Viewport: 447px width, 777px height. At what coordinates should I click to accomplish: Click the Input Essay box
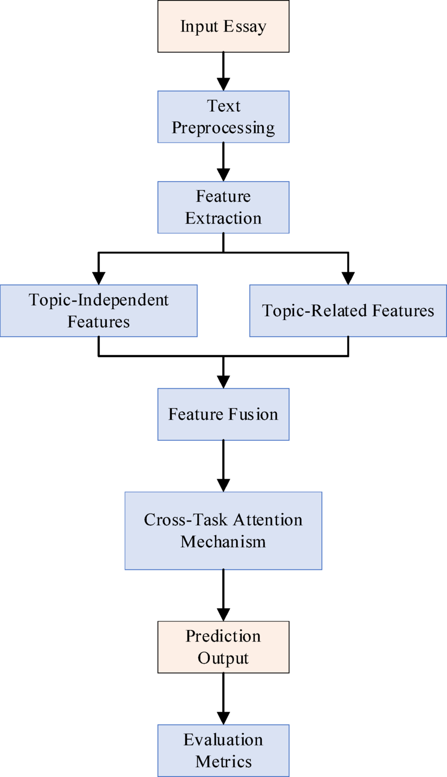pyautogui.click(x=223, y=26)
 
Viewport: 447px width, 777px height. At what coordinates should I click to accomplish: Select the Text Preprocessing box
pyautogui.click(x=223, y=117)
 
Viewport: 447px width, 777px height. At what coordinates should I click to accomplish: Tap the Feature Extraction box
pyautogui.click(x=223, y=207)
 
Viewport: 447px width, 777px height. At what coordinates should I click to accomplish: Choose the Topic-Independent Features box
pyautogui.click(x=99, y=311)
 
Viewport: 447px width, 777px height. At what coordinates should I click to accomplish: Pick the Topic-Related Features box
pyautogui.click(x=348, y=311)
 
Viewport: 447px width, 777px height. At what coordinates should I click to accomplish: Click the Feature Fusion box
pyautogui.click(x=223, y=414)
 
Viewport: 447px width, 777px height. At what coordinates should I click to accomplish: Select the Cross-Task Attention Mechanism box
pyautogui.click(x=223, y=530)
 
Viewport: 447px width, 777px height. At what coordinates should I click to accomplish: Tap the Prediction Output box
pyautogui.click(x=223, y=647)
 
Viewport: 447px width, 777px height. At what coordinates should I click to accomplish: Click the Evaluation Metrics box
pyautogui.click(x=223, y=750)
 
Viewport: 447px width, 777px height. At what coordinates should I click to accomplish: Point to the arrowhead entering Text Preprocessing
pyautogui.click(x=223, y=84)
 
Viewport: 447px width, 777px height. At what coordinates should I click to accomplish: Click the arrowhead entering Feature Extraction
pyautogui.click(x=223, y=175)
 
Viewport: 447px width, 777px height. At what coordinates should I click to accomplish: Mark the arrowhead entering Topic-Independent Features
pyautogui.click(x=99, y=278)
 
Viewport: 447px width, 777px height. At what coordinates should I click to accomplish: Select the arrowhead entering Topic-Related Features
pyautogui.click(x=348, y=278)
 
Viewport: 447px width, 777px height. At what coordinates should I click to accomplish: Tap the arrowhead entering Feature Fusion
pyautogui.click(x=223, y=382)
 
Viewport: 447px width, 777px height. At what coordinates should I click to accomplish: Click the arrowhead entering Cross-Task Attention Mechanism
pyautogui.click(x=223, y=485)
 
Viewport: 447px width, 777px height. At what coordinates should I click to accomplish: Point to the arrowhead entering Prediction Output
pyautogui.click(x=223, y=614)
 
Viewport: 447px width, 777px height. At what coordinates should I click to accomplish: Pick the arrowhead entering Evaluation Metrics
pyautogui.click(x=223, y=718)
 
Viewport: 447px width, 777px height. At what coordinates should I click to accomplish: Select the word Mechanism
pyautogui.click(x=223, y=542)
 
